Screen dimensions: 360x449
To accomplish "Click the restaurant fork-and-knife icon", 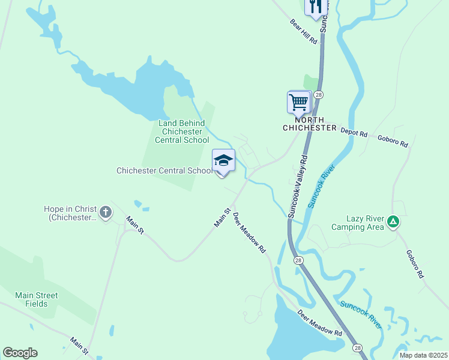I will [316, 7].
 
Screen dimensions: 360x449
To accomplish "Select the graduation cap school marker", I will [223, 161].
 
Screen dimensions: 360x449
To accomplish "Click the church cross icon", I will [106, 212].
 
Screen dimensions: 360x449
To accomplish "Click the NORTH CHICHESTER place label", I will [310, 124].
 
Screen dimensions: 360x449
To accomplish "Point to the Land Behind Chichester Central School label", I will [182, 131].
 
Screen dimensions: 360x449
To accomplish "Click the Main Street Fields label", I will [37, 299].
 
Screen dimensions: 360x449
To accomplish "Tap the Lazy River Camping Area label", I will [357, 223].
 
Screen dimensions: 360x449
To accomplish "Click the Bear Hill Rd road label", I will [303, 31].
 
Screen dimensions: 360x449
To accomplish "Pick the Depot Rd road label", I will [354, 133].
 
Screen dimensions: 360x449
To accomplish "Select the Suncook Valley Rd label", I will [298, 187].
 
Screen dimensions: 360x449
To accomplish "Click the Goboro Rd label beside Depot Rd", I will [393, 141].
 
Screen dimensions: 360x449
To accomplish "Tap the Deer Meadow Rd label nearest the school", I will [249, 233].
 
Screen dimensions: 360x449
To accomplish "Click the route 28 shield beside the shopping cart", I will [318, 95].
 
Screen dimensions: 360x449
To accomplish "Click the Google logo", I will [20, 353].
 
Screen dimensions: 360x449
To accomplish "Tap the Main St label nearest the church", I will [135, 226].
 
